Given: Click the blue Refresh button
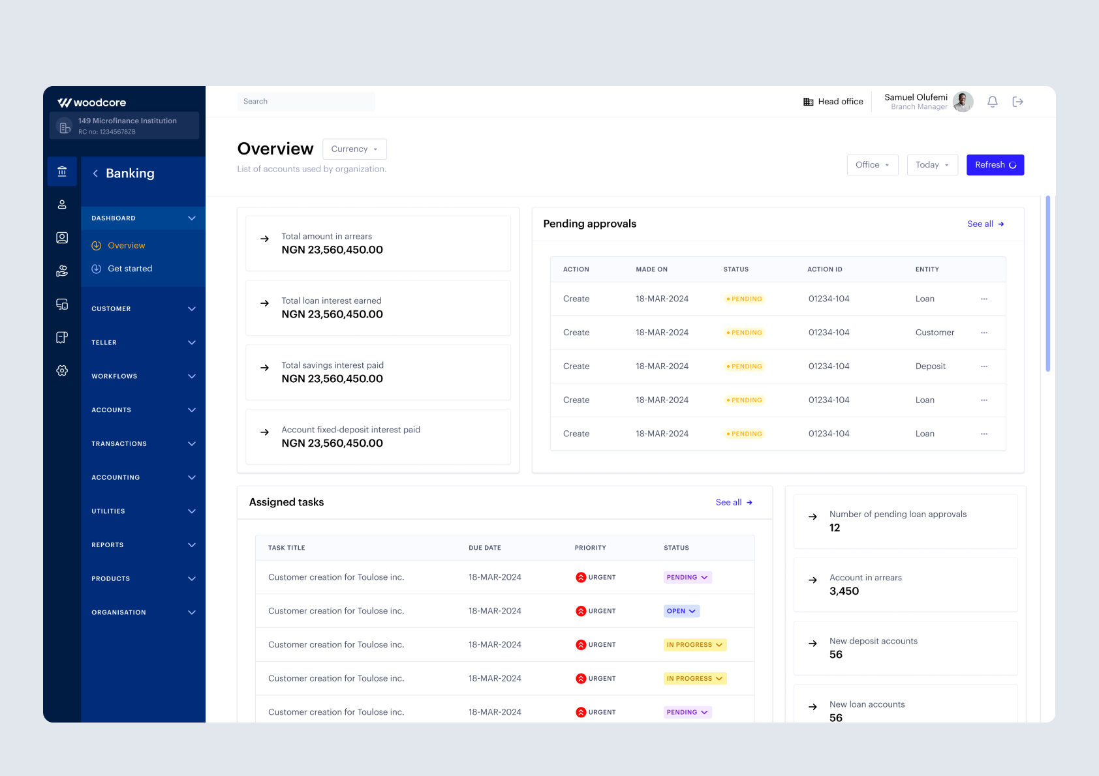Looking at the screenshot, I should pyautogui.click(x=995, y=165).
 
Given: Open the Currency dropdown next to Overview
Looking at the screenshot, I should pyautogui.click(x=354, y=149).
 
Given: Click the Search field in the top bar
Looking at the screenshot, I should pyautogui.click(x=305, y=102).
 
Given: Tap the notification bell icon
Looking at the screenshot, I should pyautogui.click(x=992, y=102).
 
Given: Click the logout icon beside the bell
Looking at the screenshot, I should pyautogui.click(x=1017, y=102).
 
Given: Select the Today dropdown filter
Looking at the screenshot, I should pyautogui.click(x=932, y=165).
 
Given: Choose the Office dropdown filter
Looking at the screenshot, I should pyautogui.click(x=872, y=165).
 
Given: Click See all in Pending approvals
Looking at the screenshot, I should pyautogui.click(x=985, y=224).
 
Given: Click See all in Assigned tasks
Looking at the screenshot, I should pyautogui.click(x=734, y=503).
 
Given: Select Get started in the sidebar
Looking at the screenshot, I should pyautogui.click(x=130, y=269).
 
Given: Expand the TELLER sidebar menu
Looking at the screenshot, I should pyautogui.click(x=143, y=342).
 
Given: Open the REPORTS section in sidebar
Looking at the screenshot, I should pyautogui.click(x=143, y=545).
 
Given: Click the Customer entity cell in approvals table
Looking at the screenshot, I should pyautogui.click(x=935, y=333).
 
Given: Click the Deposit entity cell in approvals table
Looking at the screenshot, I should pyautogui.click(x=930, y=366).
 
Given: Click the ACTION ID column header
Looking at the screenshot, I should pyautogui.click(x=824, y=269).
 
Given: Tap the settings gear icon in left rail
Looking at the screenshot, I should pyautogui.click(x=62, y=370).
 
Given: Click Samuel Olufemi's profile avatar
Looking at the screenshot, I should pyautogui.click(x=962, y=102).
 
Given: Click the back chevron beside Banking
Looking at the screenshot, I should pyautogui.click(x=95, y=173).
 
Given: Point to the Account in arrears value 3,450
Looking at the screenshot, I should pyautogui.click(x=844, y=591).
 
